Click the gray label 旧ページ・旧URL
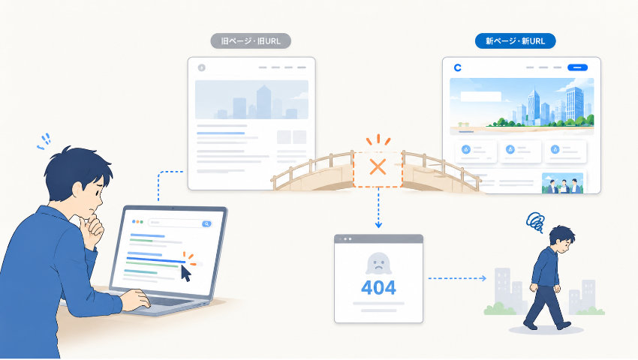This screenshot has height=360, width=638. [x=251, y=41]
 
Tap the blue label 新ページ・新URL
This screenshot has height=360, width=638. [x=515, y=41]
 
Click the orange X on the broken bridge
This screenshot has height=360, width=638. [x=378, y=166]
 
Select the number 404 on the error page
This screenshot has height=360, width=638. [x=378, y=288]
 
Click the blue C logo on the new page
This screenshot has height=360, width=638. [x=458, y=67]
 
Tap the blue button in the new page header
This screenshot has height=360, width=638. [x=577, y=67]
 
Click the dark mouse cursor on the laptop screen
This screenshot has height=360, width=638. [x=185, y=273]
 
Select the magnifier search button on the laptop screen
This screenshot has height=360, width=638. [x=206, y=223]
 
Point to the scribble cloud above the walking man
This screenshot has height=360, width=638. [x=535, y=222]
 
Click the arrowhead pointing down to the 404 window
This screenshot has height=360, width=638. [x=378, y=224]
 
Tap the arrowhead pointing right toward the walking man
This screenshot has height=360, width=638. [x=483, y=278]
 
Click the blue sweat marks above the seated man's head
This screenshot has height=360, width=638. [x=44, y=142]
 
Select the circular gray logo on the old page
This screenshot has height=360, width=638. [x=201, y=67]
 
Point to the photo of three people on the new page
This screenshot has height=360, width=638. [x=562, y=183]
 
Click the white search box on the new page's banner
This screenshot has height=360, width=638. [x=480, y=97]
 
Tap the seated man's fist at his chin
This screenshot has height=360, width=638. [x=93, y=228]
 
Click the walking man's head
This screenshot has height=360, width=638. [x=562, y=240]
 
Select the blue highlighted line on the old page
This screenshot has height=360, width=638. [x=221, y=133]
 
